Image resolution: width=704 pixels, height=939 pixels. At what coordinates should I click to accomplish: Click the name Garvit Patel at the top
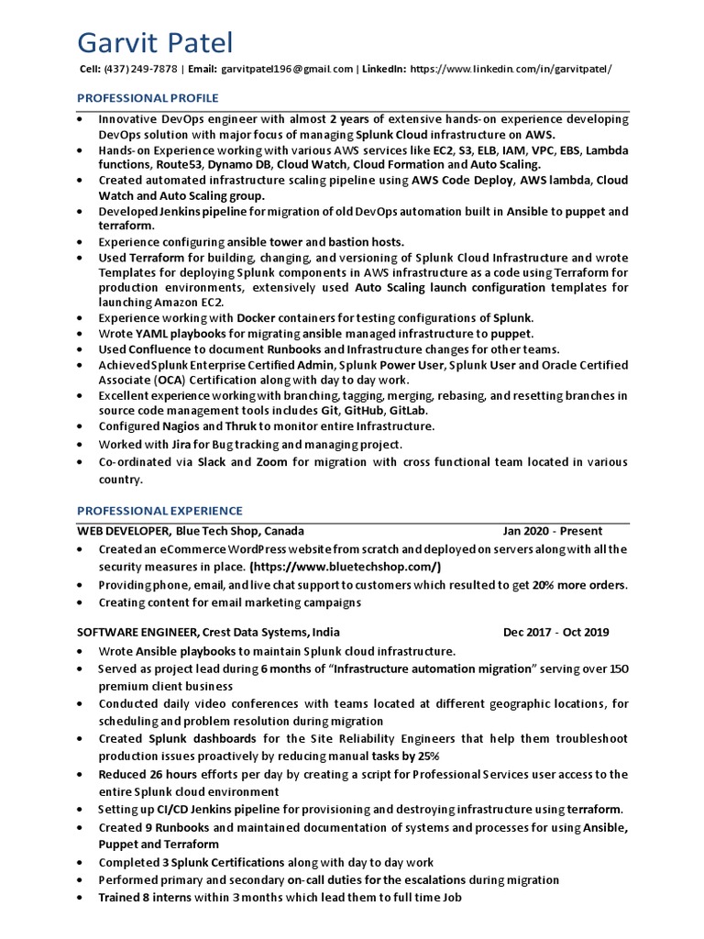coord(155,42)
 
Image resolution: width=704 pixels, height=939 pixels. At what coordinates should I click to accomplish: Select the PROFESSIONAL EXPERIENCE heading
coord(159,511)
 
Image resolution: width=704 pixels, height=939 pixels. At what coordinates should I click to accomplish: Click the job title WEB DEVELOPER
coord(123,531)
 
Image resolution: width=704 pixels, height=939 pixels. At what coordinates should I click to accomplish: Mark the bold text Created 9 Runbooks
coord(149,828)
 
